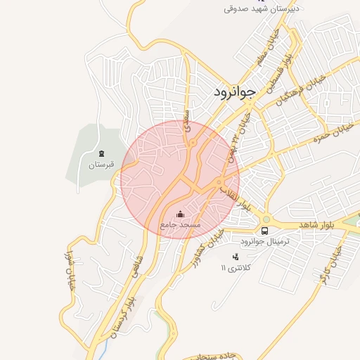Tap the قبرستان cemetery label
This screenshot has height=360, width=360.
point(101,166)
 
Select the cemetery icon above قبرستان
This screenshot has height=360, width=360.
point(101,154)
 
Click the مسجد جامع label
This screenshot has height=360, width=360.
point(181,224)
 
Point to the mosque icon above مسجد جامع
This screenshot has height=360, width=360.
point(180,214)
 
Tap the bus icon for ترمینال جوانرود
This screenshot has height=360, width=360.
point(265,230)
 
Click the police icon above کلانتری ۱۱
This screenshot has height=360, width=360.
point(236,257)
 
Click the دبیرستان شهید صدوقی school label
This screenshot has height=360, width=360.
point(262,8)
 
